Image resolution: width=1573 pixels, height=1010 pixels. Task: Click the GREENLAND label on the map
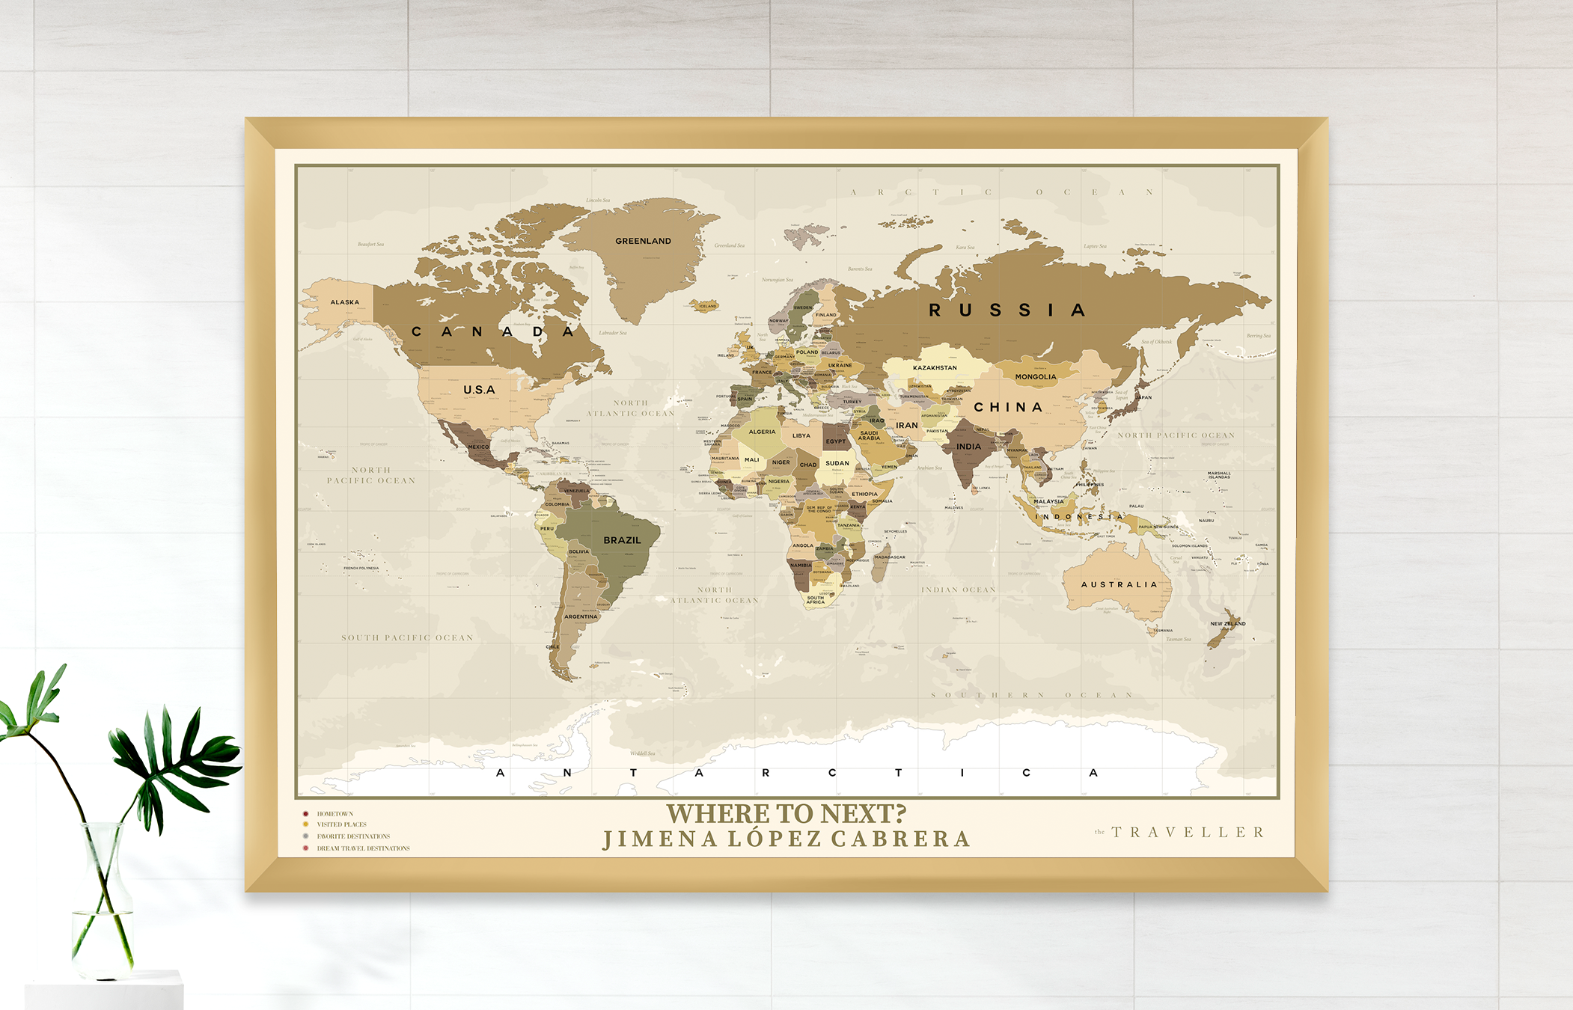643,241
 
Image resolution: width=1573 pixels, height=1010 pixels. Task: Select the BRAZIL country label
622,540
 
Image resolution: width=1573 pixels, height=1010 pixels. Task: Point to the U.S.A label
479,390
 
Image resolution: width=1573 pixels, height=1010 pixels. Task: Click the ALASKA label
345,302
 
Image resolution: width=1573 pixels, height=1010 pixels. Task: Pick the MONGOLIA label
1036,377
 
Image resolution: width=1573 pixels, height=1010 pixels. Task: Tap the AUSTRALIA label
1120,584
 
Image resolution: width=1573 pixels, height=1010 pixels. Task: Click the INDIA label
968,447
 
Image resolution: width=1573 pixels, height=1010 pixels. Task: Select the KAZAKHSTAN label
935,367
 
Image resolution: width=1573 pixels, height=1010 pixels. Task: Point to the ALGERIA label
762,432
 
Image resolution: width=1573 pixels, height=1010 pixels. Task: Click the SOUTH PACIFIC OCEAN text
407,638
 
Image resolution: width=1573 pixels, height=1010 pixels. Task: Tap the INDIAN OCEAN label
958,590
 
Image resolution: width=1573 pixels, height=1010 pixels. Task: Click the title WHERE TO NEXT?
786,813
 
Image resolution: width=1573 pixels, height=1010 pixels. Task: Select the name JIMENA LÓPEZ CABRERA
786,839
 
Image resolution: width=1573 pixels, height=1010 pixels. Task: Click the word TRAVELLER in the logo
1188,832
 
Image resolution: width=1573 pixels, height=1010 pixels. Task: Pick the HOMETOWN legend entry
335,814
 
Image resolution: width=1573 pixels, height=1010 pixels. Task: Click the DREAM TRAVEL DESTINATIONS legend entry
363,848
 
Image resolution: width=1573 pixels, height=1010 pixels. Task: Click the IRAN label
906,425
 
